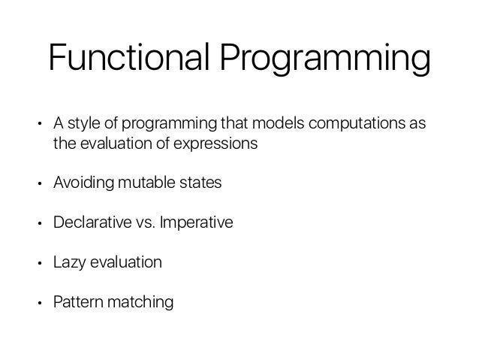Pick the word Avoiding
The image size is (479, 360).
pos(80,183)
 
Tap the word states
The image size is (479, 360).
pos(200,183)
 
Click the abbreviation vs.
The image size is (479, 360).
pos(142,223)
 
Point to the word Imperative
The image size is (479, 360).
pos(195,223)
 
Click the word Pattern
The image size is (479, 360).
pos(74,303)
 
